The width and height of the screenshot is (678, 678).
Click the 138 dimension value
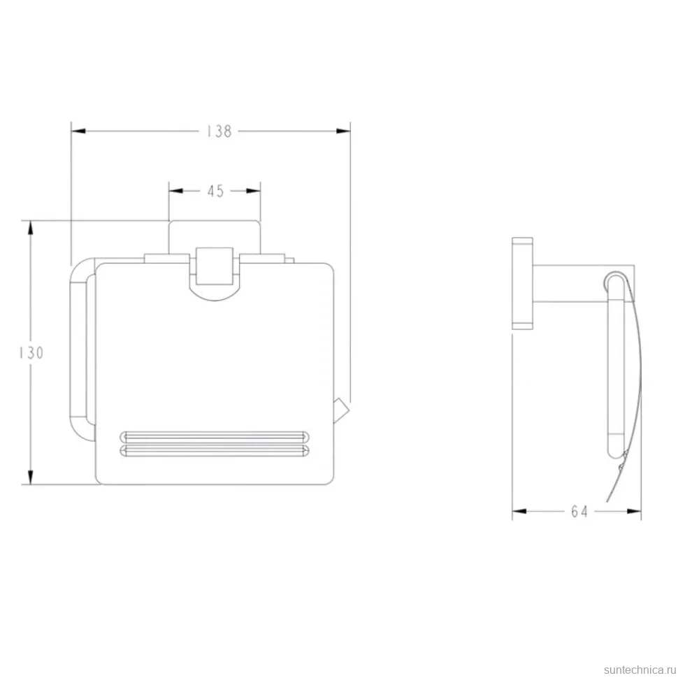(219, 131)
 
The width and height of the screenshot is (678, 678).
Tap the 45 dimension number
(215, 191)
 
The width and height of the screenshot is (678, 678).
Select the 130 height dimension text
(31, 353)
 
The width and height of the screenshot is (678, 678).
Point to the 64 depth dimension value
(579, 512)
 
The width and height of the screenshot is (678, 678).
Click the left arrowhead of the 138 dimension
(78, 131)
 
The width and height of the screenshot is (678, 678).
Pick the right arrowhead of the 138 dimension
(343, 131)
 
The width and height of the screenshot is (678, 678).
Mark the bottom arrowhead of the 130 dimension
(30, 477)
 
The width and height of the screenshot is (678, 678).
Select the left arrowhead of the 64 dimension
(519, 512)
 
